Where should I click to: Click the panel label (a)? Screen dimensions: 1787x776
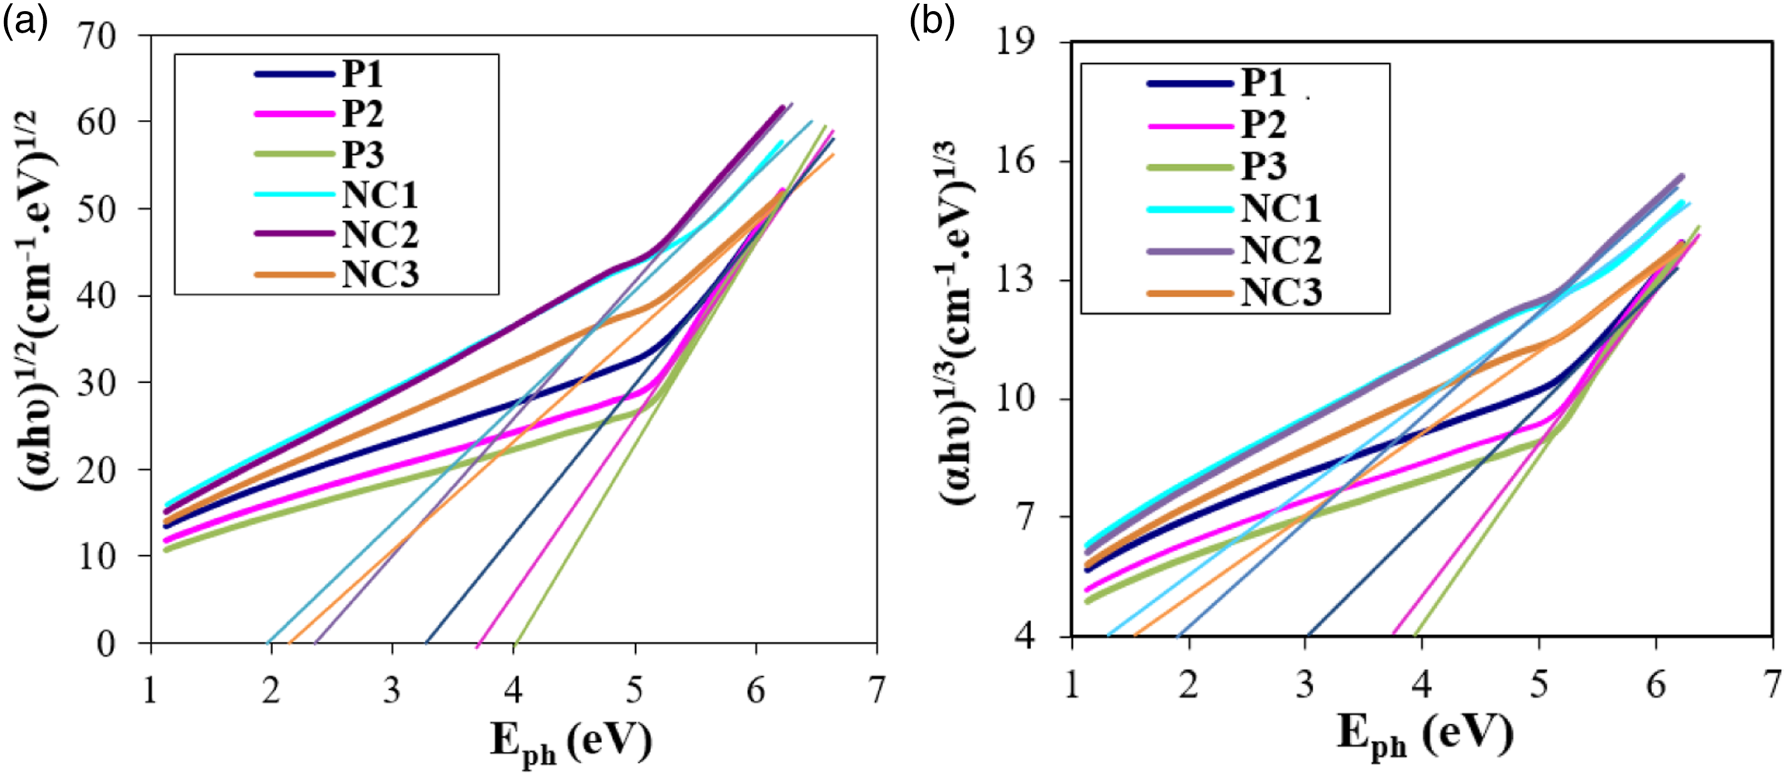pyautogui.click(x=25, y=23)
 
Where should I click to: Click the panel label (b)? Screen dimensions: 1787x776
pyautogui.click(x=932, y=23)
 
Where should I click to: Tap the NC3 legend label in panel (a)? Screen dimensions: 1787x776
pyautogui.click(x=380, y=275)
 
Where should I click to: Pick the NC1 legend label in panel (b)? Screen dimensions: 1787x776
pyautogui.click(x=1281, y=209)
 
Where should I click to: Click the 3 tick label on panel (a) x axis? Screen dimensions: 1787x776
pyautogui.click(x=393, y=691)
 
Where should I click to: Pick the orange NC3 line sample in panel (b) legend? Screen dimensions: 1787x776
pyautogui.click(x=1190, y=293)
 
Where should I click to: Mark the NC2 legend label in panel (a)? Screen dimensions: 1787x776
pyautogui.click(x=380, y=235)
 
